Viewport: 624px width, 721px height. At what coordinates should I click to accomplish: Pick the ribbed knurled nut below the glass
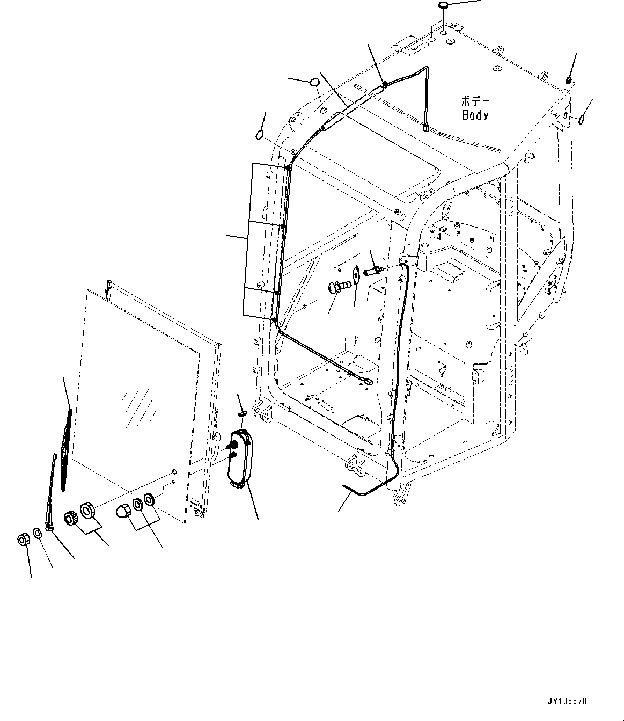[x=70, y=518]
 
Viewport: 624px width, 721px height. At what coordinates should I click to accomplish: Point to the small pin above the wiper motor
[x=241, y=413]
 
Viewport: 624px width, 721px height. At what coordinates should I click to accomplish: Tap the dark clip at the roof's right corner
[x=569, y=81]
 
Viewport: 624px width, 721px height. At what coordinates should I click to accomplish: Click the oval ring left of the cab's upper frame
[x=260, y=134]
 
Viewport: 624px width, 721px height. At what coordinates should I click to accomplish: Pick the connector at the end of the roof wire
[x=426, y=128]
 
